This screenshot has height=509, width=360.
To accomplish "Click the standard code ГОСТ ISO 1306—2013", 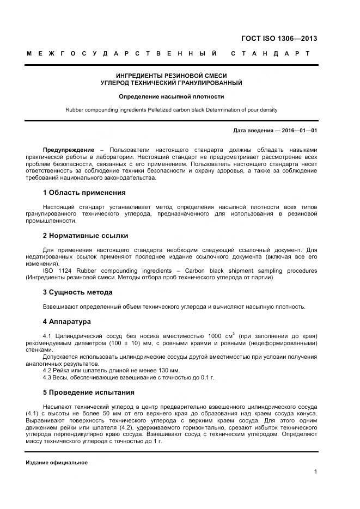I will pos(279,38).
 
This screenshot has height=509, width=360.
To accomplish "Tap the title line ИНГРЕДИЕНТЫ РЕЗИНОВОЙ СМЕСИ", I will pos(172,76).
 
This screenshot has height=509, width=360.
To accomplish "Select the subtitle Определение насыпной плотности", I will pos(172,96).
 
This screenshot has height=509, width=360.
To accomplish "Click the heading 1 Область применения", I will pos(84,192).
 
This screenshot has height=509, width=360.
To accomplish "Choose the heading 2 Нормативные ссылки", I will pos(86,236).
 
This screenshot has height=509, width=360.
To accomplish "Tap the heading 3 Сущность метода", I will pos(77,292).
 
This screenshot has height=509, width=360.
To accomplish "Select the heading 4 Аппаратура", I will pos(66,322).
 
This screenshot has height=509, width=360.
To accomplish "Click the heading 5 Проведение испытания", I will pos(88,392).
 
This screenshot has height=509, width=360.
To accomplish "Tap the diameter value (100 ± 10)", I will pos(126,344).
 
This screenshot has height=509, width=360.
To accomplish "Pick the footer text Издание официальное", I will pos(57,462).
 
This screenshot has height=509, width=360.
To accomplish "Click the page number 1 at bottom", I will pos(315,471).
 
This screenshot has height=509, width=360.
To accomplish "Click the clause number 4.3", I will pos(48,377).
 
